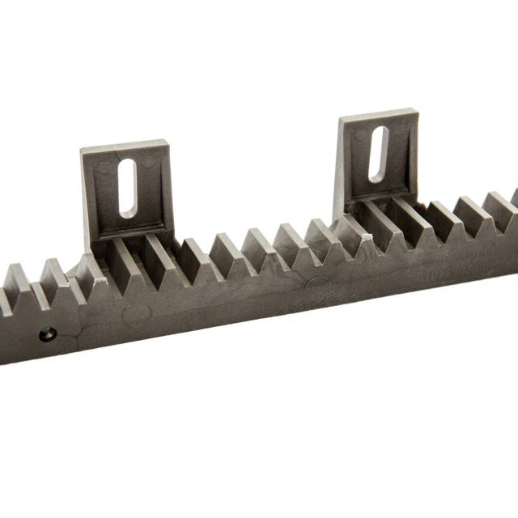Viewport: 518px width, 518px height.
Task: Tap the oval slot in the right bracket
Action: (378, 154)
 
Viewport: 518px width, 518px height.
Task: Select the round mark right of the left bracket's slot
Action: (147, 162)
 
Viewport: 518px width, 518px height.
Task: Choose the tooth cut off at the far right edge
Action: (513, 198)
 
